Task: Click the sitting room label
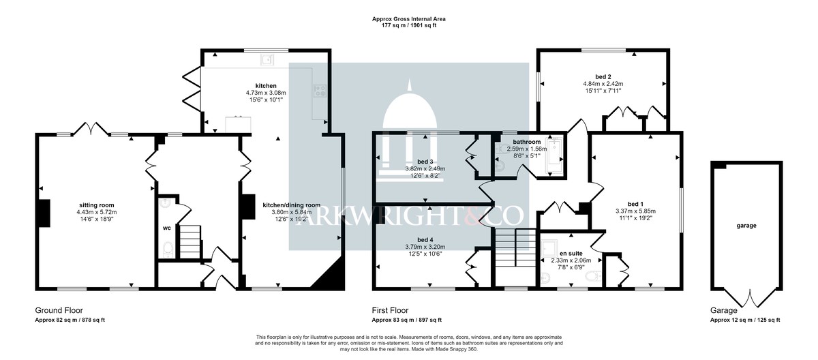pyautogui.click(x=97, y=205)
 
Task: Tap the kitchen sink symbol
pyautogui.click(x=267, y=59)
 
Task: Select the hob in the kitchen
pyautogui.click(x=320, y=91)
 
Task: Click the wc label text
pyautogui.click(x=166, y=228)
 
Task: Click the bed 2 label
pyautogui.click(x=603, y=76)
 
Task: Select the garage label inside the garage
pyautogui.click(x=746, y=226)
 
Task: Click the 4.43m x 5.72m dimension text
pyautogui.click(x=97, y=212)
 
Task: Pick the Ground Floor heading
pyautogui.click(x=59, y=310)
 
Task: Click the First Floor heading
pyautogui.click(x=390, y=310)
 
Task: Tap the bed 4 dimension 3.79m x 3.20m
pyautogui.click(x=425, y=247)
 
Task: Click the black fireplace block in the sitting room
pyautogui.click(x=44, y=213)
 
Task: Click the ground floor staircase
pyautogui.click(x=190, y=241)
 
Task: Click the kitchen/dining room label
pyautogui.click(x=292, y=205)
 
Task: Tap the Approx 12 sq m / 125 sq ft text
pyautogui.click(x=745, y=320)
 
